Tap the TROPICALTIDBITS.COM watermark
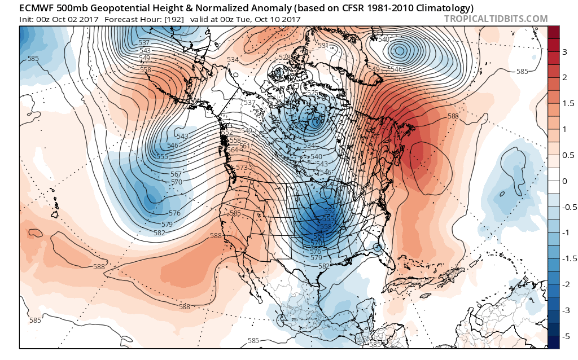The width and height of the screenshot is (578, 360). point(496,19)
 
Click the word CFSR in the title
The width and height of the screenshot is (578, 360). point(348,7)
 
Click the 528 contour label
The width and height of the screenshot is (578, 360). point(284,58)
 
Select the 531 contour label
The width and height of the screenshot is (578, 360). point(323,46)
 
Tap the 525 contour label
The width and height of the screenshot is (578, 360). point(312,93)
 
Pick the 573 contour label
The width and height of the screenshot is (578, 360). point(242,168)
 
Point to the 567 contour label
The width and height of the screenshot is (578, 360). point(177,174)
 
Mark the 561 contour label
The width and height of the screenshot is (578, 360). point(244,146)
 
